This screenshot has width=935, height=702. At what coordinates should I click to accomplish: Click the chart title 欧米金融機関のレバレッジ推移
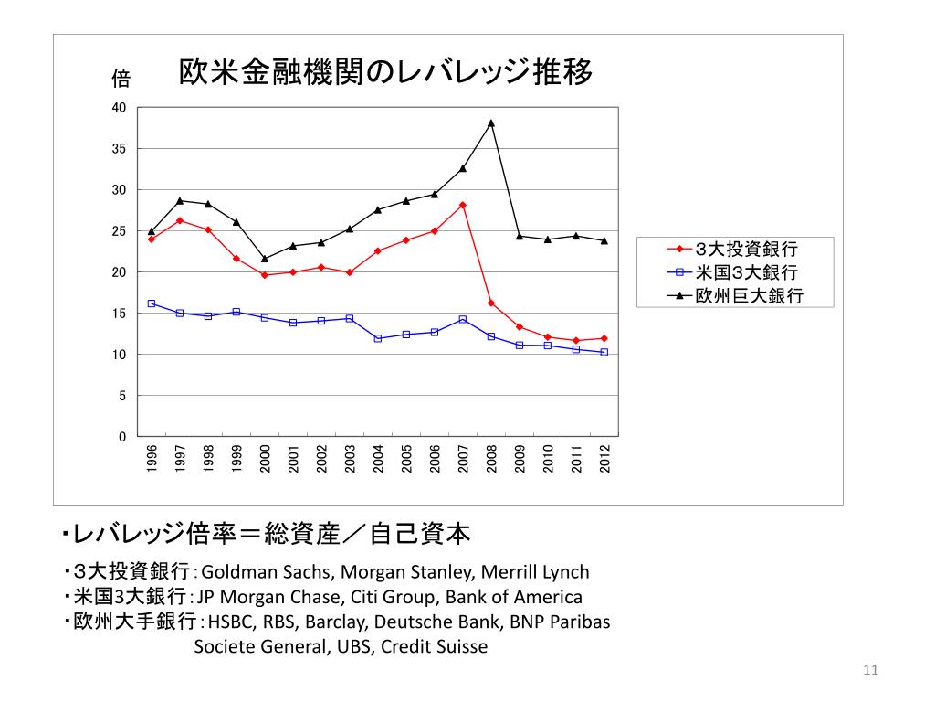[384, 72]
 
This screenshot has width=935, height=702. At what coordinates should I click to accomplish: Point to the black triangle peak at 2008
[491, 122]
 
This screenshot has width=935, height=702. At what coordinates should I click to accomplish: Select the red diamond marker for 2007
[463, 205]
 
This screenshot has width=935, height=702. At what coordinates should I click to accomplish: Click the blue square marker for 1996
[152, 303]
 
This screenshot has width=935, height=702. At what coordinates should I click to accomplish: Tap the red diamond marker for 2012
[604, 338]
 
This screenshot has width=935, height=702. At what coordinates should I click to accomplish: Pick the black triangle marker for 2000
[265, 259]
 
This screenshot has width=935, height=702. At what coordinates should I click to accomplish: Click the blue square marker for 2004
[378, 338]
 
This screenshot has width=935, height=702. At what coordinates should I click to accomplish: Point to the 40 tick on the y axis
[119, 108]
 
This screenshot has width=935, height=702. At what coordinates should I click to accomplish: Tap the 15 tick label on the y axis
[119, 314]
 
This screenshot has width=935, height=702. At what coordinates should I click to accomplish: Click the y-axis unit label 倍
[121, 79]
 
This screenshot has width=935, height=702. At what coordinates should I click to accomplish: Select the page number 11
[869, 672]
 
